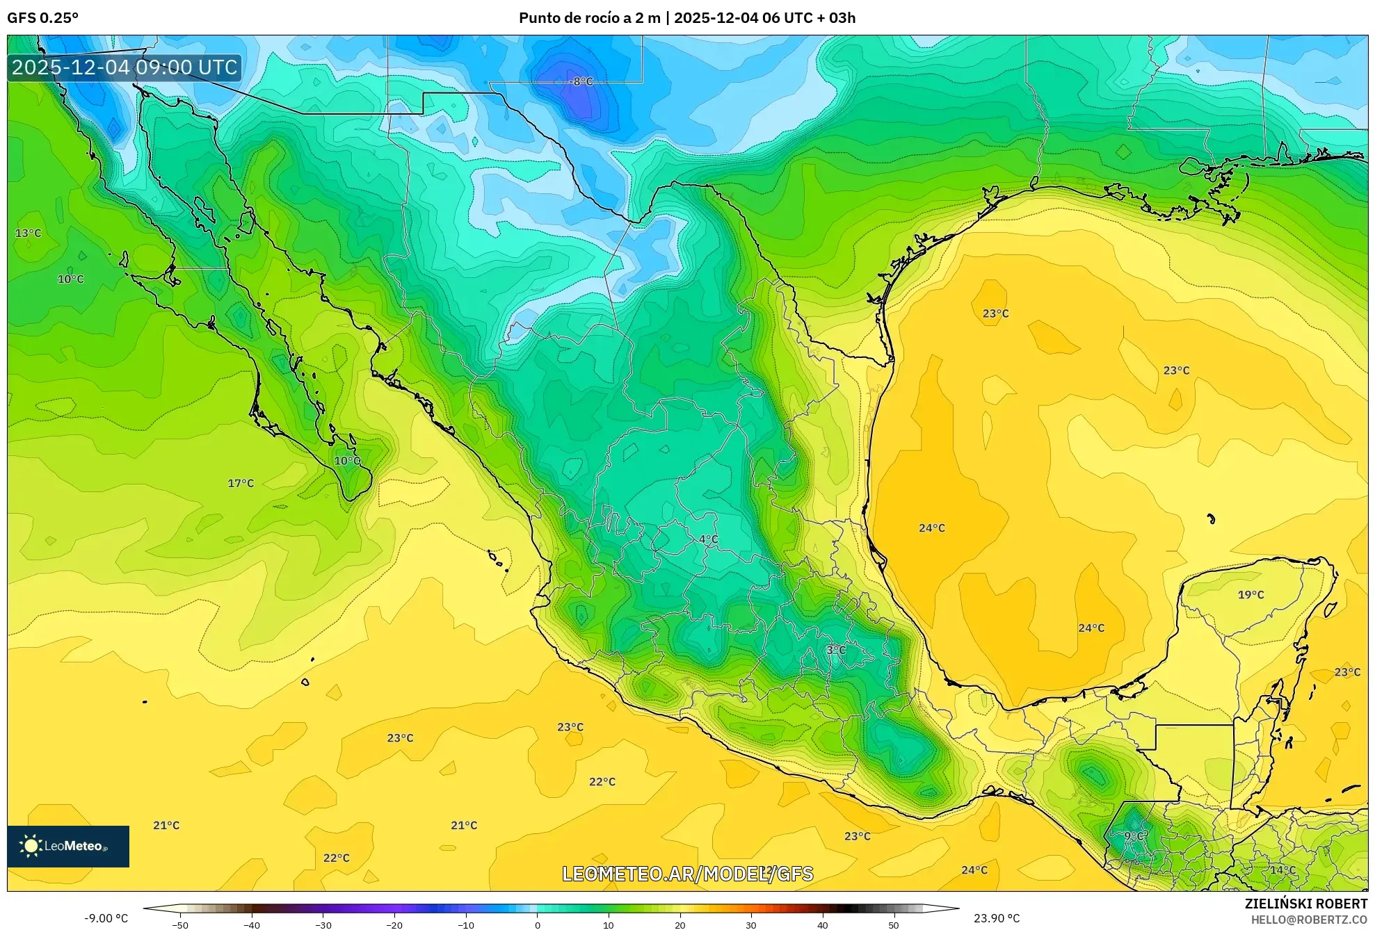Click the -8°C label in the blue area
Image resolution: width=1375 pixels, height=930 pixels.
pos(582,81)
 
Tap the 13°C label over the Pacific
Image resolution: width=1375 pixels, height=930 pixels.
pos(29,233)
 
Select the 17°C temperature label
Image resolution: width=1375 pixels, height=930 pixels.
pos(241,483)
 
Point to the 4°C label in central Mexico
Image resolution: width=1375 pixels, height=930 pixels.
pos(708,539)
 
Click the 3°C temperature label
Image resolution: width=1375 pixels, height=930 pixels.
pos(835,650)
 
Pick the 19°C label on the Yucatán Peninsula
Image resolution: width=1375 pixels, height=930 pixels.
pos(1251,594)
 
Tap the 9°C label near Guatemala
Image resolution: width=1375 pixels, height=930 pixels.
pos(1135,835)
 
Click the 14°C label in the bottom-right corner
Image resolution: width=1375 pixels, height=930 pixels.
pos(1282,870)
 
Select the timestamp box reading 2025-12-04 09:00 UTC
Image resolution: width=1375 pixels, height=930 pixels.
pos(124,67)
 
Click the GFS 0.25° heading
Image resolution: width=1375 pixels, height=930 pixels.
pos(42,18)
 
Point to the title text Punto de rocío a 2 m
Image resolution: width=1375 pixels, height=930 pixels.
pos(589,18)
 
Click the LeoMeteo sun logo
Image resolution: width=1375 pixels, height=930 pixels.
pos(31,846)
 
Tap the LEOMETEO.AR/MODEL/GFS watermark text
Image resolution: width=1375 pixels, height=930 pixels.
pos(687,874)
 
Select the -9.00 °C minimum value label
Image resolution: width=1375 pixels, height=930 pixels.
pos(106,918)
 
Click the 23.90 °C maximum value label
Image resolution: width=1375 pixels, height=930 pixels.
pos(996,918)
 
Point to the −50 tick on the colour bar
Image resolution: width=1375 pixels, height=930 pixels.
pos(180,925)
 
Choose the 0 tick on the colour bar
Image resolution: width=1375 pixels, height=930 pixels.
pos(537,925)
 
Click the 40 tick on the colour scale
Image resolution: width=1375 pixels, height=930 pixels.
pos(822,925)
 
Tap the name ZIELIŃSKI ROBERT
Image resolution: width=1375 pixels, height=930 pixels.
pos(1305,904)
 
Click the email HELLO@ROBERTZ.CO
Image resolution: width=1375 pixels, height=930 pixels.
pos(1309,920)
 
